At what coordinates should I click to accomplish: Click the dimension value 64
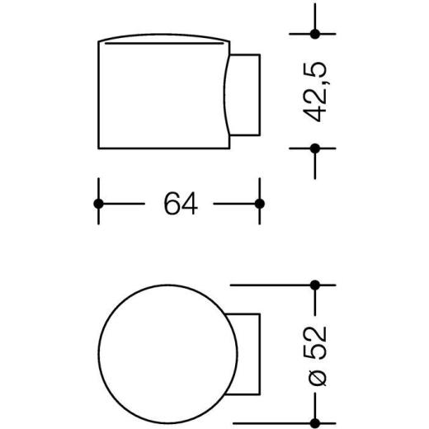(x=181, y=204)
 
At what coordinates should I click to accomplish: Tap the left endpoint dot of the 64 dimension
(x=98, y=204)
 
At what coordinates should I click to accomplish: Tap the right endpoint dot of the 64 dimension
(x=259, y=204)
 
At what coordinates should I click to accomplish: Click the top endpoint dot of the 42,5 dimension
(x=314, y=34)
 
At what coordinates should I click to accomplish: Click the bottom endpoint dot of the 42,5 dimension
(x=314, y=148)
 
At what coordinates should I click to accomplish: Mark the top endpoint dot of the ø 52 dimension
(x=314, y=285)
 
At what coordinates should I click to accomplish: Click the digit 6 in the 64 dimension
(x=172, y=204)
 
